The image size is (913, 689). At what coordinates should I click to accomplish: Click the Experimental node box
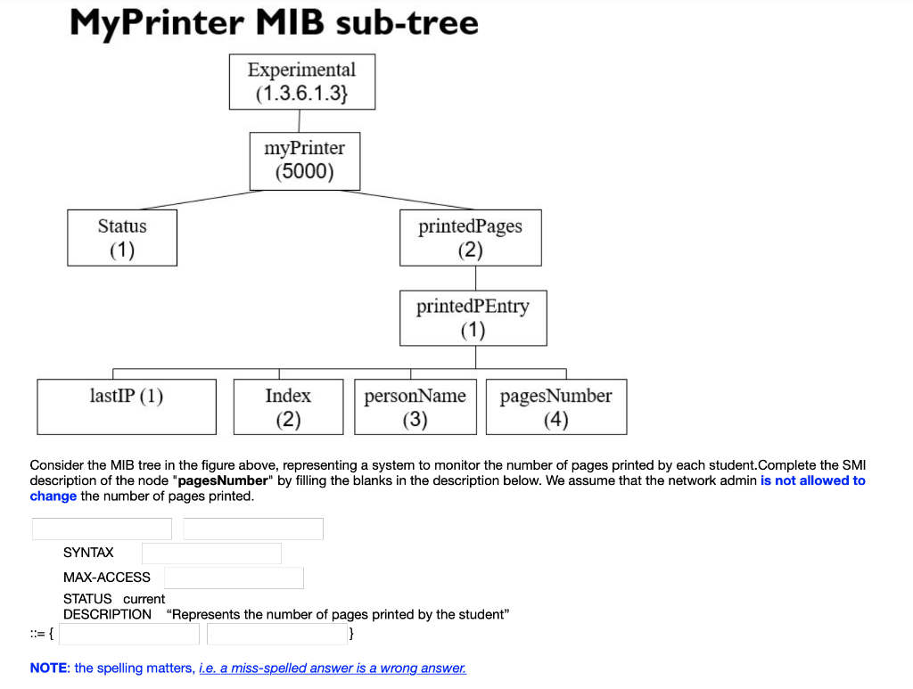(x=301, y=81)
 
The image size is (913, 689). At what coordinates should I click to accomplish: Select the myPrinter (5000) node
(x=305, y=160)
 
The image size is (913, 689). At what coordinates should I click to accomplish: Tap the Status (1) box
(x=122, y=237)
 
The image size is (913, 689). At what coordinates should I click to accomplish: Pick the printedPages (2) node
(x=470, y=237)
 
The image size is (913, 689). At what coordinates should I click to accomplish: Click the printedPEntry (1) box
(x=473, y=317)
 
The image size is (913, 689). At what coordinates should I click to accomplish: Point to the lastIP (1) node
(x=127, y=406)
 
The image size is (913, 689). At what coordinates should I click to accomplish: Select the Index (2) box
(x=288, y=406)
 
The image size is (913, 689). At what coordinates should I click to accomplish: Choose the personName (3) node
(x=415, y=406)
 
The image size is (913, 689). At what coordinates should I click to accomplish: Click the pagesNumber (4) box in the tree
(x=555, y=406)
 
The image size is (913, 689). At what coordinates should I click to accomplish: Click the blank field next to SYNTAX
(x=211, y=554)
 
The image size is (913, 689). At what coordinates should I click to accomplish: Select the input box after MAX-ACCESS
(x=234, y=578)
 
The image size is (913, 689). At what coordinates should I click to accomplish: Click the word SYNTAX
(x=88, y=553)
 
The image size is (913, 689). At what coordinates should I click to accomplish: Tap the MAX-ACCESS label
(x=107, y=578)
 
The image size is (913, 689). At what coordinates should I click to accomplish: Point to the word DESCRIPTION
(x=107, y=614)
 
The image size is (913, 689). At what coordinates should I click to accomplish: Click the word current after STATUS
(x=144, y=599)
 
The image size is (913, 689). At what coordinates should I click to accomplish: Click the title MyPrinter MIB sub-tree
(x=274, y=22)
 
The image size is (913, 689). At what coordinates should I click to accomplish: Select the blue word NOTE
(x=49, y=668)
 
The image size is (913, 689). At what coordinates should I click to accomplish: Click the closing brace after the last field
(x=353, y=634)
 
